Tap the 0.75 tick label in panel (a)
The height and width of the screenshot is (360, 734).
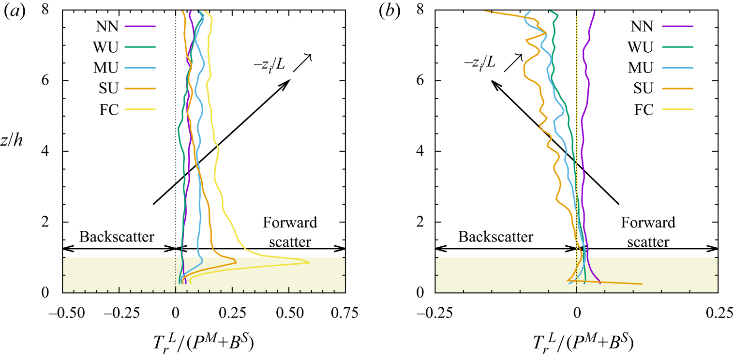coord(345,313)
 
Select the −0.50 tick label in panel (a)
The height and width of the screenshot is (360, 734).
coord(62,313)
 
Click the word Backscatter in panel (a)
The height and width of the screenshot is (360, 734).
coord(117,237)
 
